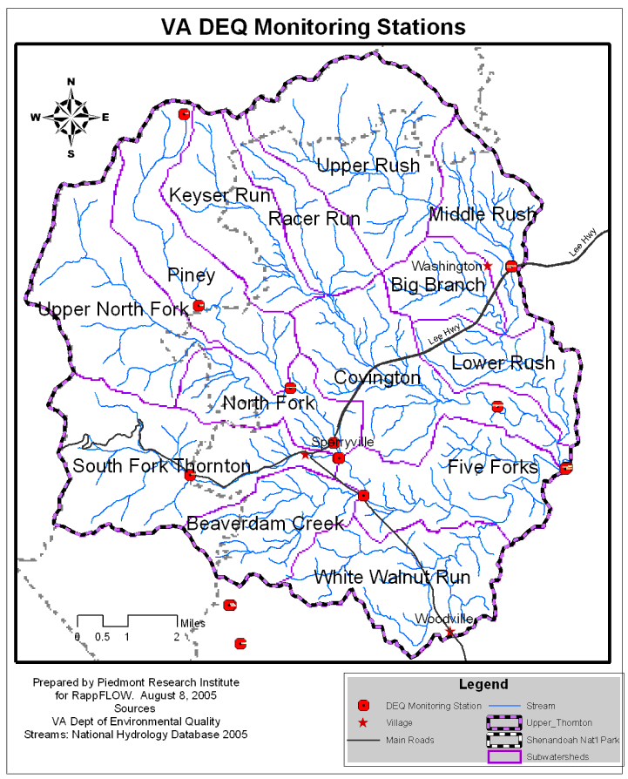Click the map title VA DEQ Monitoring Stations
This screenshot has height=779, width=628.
pyautogui.click(x=314, y=27)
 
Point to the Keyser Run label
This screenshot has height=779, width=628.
pyautogui.click(x=219, y=195)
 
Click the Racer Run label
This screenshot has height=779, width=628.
pyautogui.click(x=314, y=218)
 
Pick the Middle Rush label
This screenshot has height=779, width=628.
pyautogui.click(x=483, y=214)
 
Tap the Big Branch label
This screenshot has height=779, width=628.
pyautogui.click(x=437, y=285)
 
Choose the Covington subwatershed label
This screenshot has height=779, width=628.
pyautogui.click(x=377, y=378)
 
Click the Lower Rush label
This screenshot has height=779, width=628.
pyautogui.click(x=503, y=363)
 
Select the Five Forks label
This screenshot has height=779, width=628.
pyautogui.click(x=493, y=467)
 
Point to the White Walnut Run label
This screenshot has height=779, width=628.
pyautogui.click(x=392, y=577)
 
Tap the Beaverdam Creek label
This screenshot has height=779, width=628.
pyautogui.click(x=265, y=524)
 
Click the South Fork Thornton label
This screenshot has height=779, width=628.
pyautogui.click(x=161, y=465)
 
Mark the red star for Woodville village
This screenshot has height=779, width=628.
pyautogui.click(x=449, y=632)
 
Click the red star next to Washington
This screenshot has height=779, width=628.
pyautogui.click(x=488, y=266)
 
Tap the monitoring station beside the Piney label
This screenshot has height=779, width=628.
pyautogui.click(x=199, y=306)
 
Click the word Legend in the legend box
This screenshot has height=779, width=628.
pyautogui.click(x=483, y=685)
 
